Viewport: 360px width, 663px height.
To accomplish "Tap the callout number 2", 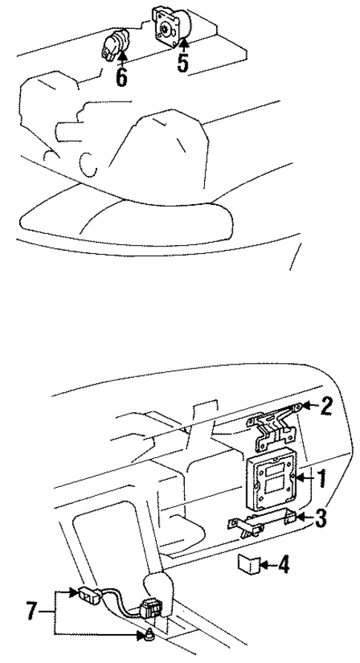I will pos(327,406).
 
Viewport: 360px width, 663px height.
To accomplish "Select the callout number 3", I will pos(321,518).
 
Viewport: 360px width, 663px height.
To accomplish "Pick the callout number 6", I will pos(122,77).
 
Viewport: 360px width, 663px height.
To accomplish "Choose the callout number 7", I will pos(30,613).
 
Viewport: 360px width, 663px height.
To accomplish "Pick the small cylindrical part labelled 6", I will pos(115,46).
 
